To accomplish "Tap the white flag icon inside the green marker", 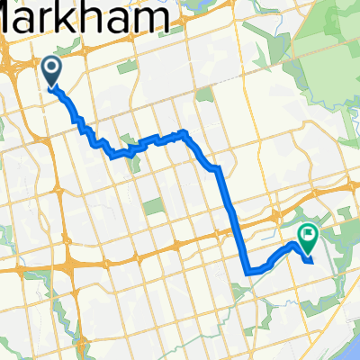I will tap(308, 236).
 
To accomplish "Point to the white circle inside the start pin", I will tap(49, 66).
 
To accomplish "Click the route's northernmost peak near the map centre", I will tap(184, 132).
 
